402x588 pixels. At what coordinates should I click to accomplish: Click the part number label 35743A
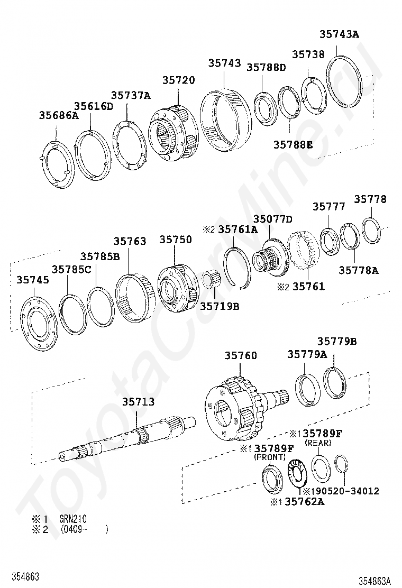pyautogui.click(x=339, y=34)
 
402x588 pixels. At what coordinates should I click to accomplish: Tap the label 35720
pyautogui.click(x=178, y=80)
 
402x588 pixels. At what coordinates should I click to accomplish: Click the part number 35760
pyautogui.click(x=241, y=355)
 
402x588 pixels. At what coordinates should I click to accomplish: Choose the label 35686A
pyautogui.click(x=59, y=115)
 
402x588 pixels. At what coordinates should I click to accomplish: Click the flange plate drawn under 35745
pyautogui.click(x=39, y=324)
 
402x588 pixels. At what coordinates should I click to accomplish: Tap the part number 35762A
pyautogui.click(x=305, y=501)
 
